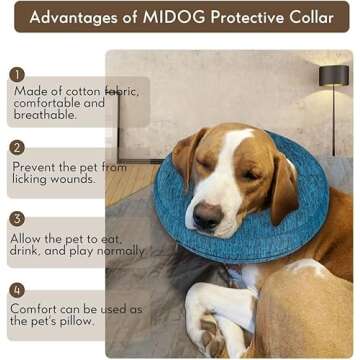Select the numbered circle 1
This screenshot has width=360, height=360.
click(16, 74)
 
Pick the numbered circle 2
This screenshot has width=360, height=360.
click(16, 147)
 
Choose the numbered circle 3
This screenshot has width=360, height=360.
click(16, 217)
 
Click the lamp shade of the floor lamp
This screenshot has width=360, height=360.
click(334, 76)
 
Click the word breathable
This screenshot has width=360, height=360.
click(45, 115)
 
